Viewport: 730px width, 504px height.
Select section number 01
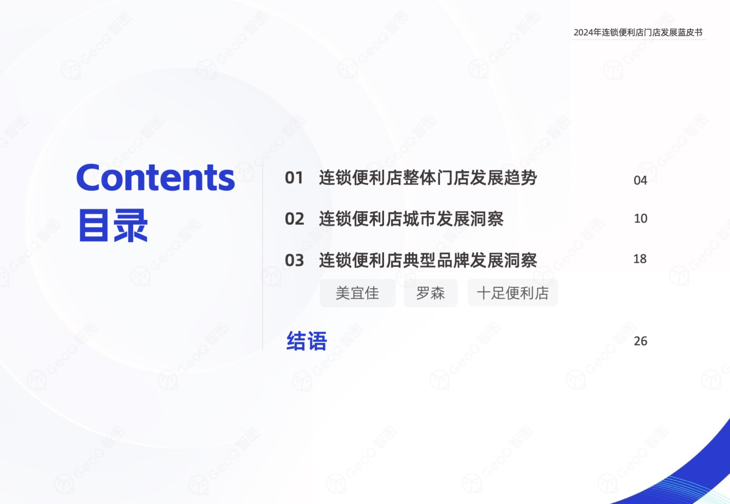pos(294,178)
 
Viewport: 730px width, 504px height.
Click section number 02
pos(294,219)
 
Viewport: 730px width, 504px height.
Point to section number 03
pos(294,260)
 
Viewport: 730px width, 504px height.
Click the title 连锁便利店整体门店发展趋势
pos(428,178)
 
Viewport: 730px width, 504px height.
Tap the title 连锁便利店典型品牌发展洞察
pos(428,260)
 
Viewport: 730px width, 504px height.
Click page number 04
pos(640,180)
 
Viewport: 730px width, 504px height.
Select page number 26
pos(640,341)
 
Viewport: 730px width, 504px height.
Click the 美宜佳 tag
pos(358,293)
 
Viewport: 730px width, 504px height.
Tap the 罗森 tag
pos(430,293)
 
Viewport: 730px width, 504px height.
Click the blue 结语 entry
pos(307,341)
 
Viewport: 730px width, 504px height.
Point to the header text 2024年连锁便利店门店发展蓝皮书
pos(638,32)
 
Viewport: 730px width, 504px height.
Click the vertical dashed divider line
pos(263,257)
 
